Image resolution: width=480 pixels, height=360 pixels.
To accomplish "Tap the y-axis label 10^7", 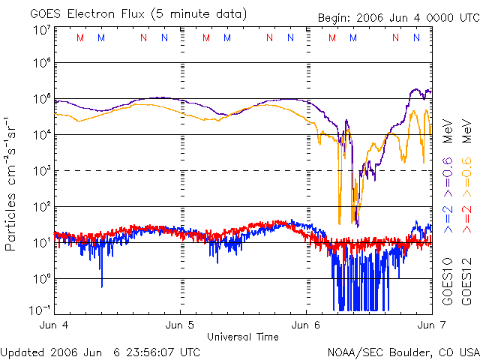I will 42,31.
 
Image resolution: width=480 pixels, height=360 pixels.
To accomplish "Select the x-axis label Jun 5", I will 180,325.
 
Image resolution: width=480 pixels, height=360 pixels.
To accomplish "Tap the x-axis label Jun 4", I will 54,325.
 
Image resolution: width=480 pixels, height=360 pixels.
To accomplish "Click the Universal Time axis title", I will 242,337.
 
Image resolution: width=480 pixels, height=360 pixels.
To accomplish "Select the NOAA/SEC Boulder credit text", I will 403,352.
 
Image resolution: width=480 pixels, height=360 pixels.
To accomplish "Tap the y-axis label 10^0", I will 42,279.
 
